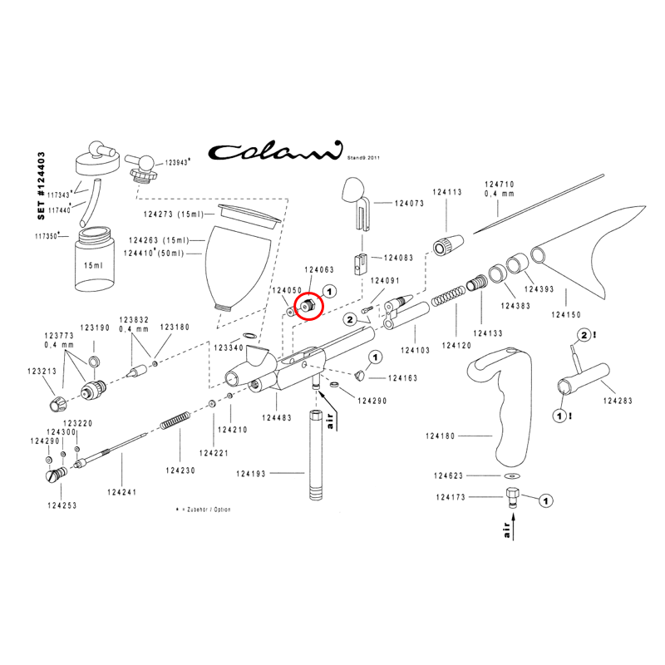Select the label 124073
(x=410, y=203)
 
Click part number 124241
(x=121, y=492)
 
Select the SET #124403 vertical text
(x=43, y=185)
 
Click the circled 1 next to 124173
(x=546, y=500)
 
